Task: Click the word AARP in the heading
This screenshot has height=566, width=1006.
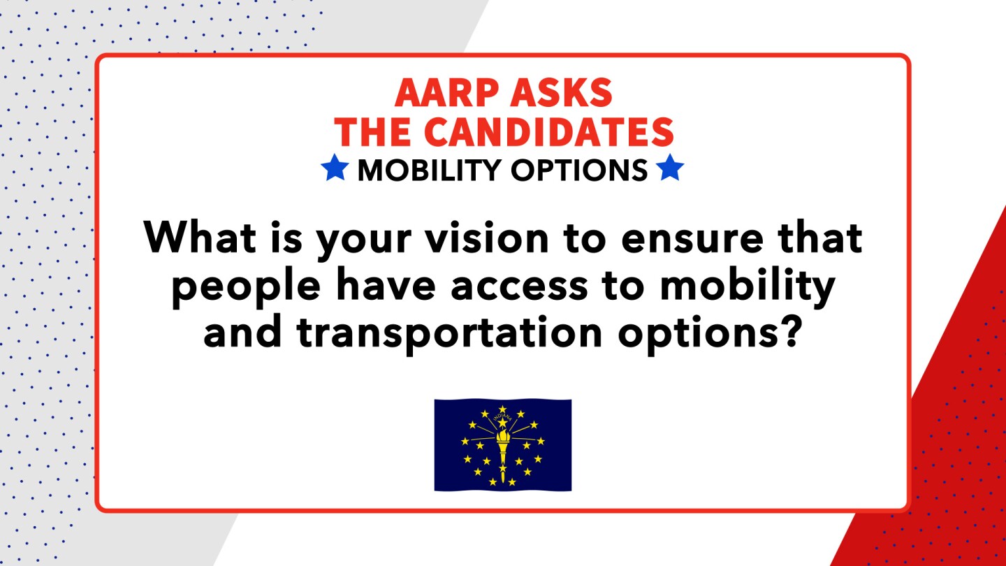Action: pos(444,92)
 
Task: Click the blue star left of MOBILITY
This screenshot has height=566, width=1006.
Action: pos(335,167)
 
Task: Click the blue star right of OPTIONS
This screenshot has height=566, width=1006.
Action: pos(670,167)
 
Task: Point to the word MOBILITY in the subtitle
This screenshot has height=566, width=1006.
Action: pos(429,170)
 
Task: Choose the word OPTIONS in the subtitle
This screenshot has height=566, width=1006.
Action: pos(579,170)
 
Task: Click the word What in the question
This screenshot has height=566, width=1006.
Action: pos(199,237)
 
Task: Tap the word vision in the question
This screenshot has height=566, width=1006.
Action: pos(487,237)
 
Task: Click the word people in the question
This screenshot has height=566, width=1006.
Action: pos(246,287)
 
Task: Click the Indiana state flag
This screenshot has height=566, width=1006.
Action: pos(502,444)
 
